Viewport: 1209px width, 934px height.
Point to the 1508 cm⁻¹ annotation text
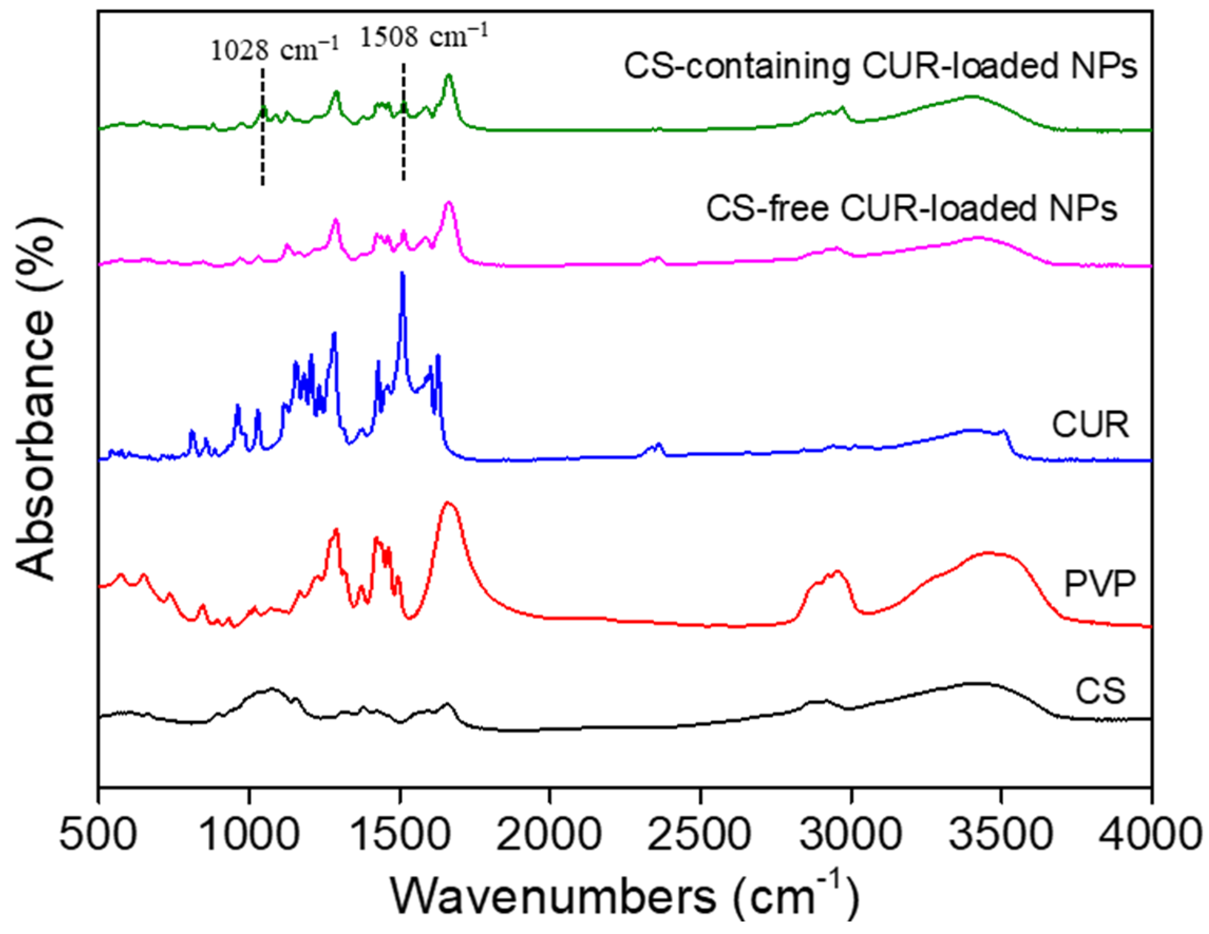click(x=425, y=37)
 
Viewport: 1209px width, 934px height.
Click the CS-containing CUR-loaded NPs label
click(x=880, y=66)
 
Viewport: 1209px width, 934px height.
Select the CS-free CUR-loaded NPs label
click(x=911, y=209)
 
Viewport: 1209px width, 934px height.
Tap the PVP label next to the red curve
click(x=1099, y=583)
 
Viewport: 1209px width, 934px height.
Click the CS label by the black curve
click(x=1100, y=691)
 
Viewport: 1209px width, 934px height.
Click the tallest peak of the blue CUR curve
click(x=403, y=275)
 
